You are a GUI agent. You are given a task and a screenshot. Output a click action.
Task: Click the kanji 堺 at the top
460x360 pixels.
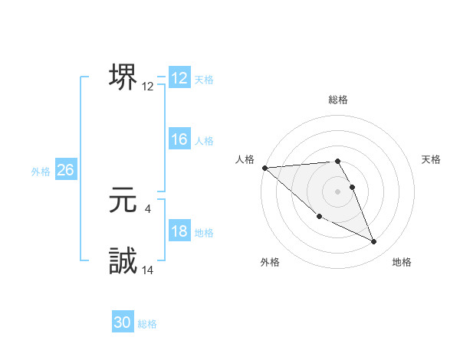[x=123, y=77]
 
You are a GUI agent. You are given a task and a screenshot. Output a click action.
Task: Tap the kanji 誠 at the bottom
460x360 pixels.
[x=123, y=261]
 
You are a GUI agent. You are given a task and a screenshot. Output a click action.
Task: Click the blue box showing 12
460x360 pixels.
[x=179, y=78]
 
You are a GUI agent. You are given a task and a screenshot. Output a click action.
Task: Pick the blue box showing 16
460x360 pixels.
[x=179, y=139]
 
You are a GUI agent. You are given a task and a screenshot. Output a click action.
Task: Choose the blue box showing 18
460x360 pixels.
[x=179, y=232]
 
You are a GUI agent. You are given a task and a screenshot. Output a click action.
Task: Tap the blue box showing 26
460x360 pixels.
[x=65, y=170]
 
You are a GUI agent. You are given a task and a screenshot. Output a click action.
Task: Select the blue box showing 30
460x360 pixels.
[x=123, y=322]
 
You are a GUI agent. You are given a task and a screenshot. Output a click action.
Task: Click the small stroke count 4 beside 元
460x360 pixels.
[x=147, y=208]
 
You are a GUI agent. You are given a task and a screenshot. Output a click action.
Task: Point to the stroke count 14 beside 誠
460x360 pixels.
[x=148, y=270]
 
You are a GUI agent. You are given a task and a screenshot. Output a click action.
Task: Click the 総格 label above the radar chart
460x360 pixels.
[x=337, y=100]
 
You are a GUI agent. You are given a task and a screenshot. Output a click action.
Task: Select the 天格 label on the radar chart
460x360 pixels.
[x=432, y=159]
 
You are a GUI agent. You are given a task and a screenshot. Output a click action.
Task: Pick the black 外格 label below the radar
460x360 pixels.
[x=270, y=262]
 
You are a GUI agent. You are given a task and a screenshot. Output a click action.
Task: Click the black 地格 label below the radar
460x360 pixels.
[x=402, y=262]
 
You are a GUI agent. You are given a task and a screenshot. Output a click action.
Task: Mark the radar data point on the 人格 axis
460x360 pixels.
[x=264, y=168]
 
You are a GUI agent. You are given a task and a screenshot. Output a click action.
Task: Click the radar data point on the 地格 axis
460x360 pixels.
[x=374, y=242]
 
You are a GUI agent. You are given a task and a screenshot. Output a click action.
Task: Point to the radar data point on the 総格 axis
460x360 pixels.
[x=337, y=162]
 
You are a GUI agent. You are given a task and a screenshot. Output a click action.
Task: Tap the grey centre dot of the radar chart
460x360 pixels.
[x=337, y=191]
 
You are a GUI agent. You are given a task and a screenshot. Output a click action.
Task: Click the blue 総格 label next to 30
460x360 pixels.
[x=148, y=324]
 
